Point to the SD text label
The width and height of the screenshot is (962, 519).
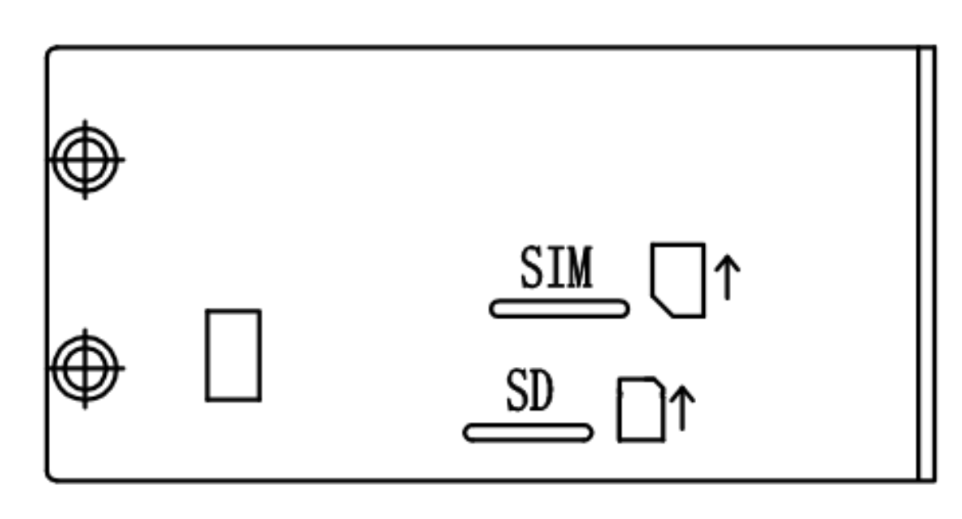point(530,390)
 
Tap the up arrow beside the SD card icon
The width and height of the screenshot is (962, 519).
point(682,408)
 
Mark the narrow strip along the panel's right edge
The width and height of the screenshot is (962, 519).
point(926,264)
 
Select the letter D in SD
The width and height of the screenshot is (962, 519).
point(542,390)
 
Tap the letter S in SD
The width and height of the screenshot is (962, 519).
point(517,390)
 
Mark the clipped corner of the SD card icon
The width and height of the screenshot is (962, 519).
point(660,382)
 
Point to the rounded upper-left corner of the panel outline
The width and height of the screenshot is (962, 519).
point(50,50)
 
